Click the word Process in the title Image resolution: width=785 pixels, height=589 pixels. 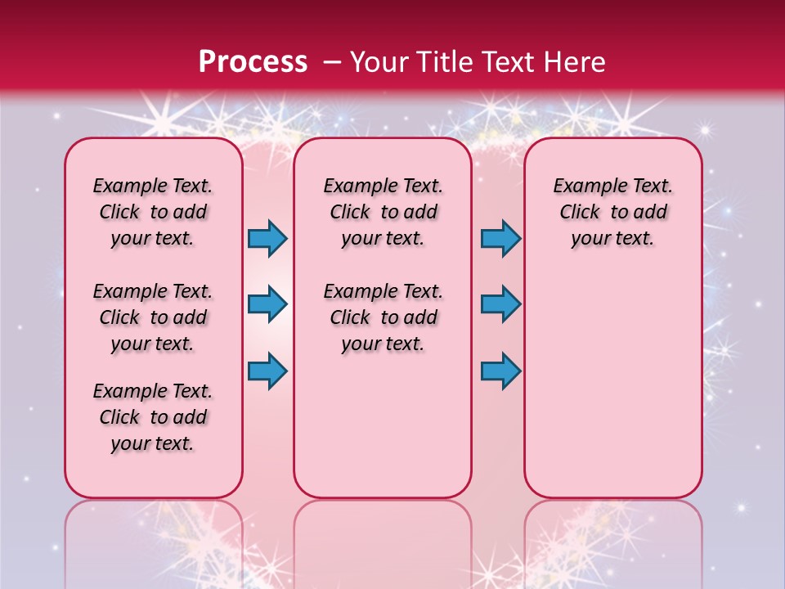253,61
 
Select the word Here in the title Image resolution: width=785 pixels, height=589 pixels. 575,61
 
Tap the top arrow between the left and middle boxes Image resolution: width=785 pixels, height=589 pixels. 267,239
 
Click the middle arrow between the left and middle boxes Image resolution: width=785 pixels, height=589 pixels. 267,304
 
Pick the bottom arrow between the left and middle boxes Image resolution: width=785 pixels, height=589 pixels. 267,371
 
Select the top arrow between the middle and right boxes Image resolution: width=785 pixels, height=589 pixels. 500,239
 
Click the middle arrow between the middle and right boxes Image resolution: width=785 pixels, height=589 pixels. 500,304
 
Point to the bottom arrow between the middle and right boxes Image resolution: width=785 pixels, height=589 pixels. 500,371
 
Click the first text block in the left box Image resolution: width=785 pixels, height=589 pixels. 153,212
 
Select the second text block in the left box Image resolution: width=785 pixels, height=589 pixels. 153,317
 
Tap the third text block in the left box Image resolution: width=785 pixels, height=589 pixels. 153,417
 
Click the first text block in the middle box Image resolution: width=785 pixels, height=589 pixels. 384,212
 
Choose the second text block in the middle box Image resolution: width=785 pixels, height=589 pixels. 384,317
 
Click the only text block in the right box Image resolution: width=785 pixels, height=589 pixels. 613,212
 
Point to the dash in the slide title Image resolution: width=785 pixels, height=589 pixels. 332,62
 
